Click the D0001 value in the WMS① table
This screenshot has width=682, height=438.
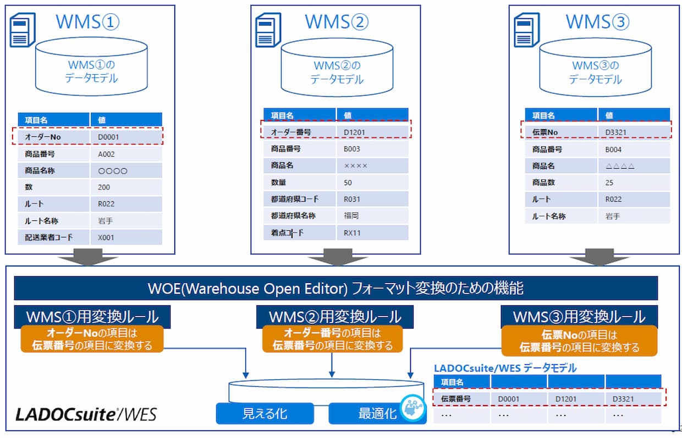108,137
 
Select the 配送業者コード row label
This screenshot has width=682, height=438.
49,237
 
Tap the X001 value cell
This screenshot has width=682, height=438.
106,237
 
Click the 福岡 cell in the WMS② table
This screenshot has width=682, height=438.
351,216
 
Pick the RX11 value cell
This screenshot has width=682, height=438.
353,232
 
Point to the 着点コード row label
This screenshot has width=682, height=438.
287,232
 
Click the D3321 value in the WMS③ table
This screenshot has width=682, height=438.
617,132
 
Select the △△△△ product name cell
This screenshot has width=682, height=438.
620,166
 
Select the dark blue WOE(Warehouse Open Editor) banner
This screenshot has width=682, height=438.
335,288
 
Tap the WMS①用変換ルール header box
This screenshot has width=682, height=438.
92,317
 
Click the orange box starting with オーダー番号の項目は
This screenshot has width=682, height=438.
332,340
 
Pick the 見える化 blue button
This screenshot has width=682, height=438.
265,413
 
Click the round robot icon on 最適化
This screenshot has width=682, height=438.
412,408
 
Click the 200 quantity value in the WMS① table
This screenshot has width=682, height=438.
104,187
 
